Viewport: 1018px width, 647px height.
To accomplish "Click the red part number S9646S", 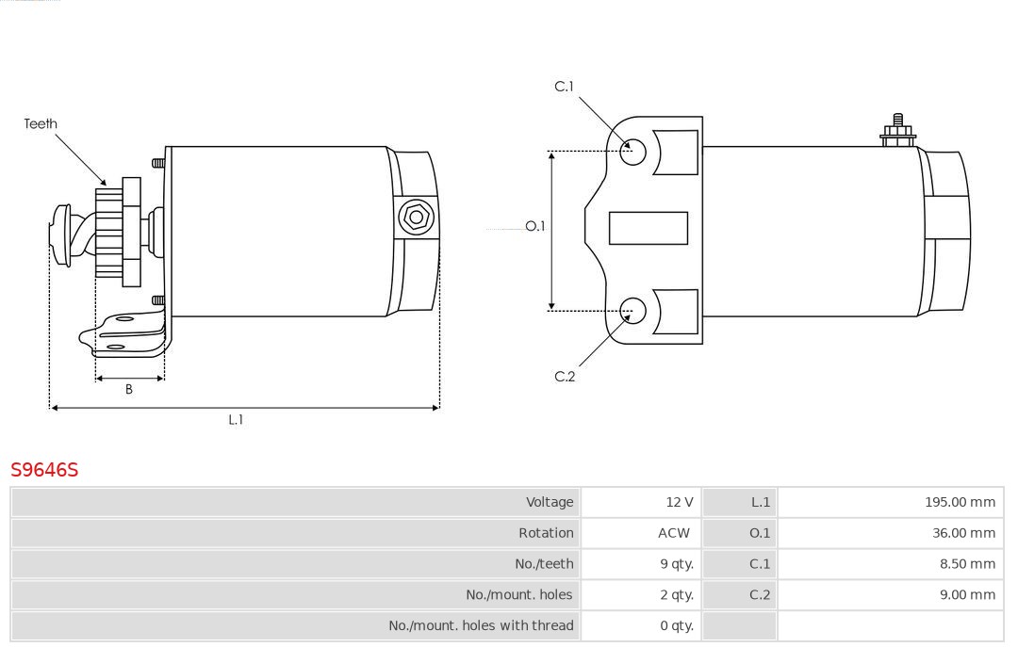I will point(44,469).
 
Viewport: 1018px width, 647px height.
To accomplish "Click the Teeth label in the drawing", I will point(41,123).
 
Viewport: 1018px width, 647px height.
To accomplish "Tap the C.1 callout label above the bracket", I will point(564,87).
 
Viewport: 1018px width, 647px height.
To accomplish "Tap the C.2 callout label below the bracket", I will point(565,377).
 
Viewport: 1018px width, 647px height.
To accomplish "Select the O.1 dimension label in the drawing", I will point(534,226).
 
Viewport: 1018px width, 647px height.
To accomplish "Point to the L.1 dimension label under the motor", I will point(236,420).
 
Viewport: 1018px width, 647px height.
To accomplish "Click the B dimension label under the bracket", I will point(129,389).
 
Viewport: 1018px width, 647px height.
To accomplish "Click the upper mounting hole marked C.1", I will point(633,151).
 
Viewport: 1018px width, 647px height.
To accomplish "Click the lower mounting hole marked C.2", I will point(633,310).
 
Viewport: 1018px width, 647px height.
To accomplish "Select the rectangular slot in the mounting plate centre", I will point(649,228).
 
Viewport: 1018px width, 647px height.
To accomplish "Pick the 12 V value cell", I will point(679,502).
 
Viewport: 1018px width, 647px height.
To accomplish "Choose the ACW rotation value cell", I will point(674,533).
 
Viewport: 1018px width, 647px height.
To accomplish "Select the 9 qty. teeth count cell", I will point(677,564).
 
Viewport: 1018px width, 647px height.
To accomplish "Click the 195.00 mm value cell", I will point(960,502).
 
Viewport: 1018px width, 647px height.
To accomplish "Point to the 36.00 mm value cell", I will point(963,533).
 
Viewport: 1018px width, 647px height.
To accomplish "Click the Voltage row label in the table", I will point(550,502).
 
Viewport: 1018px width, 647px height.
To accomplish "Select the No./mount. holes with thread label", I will point(481,625).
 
